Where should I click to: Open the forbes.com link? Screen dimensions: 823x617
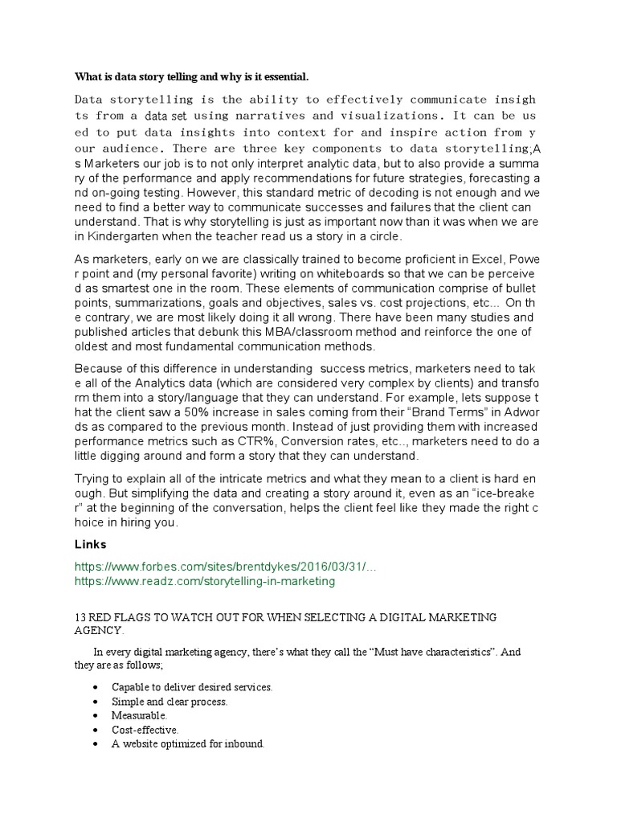pyautogui.click(x=225, y=567)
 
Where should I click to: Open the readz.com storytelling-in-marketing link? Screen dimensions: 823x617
pyautogui.click(x=205, y=580)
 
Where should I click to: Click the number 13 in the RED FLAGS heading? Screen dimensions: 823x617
pyautogui.click(x=80, y=616)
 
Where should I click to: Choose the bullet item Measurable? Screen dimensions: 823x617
pyautogui.click(x=139, y=714)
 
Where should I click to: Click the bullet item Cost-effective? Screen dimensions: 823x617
pyautogui.click(x=145, y=730)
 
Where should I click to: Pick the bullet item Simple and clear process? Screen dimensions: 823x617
pyautogui.click(x=170, y=701)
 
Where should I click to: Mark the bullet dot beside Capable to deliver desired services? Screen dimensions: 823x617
pyautogui.click(x=96, y=687)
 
